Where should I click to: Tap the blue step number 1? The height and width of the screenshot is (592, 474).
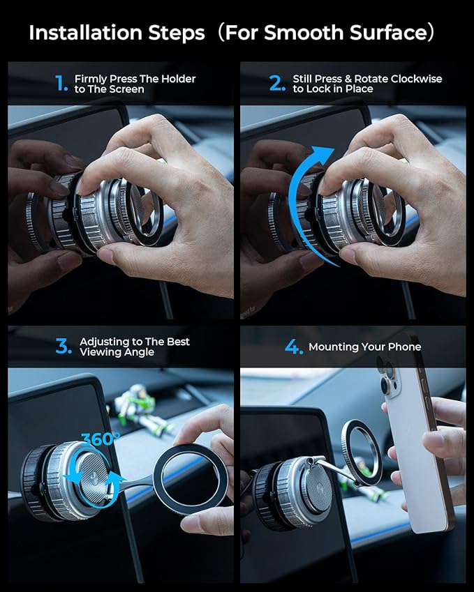(x=61, y=84)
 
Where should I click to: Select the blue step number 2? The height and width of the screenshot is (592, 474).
(x=278, y=84)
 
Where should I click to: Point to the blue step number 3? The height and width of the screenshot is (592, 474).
(x=64, y=347)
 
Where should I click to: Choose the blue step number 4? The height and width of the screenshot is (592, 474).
(x=294, y=347)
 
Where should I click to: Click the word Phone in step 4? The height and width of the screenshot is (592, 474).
(x=405, y=347)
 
